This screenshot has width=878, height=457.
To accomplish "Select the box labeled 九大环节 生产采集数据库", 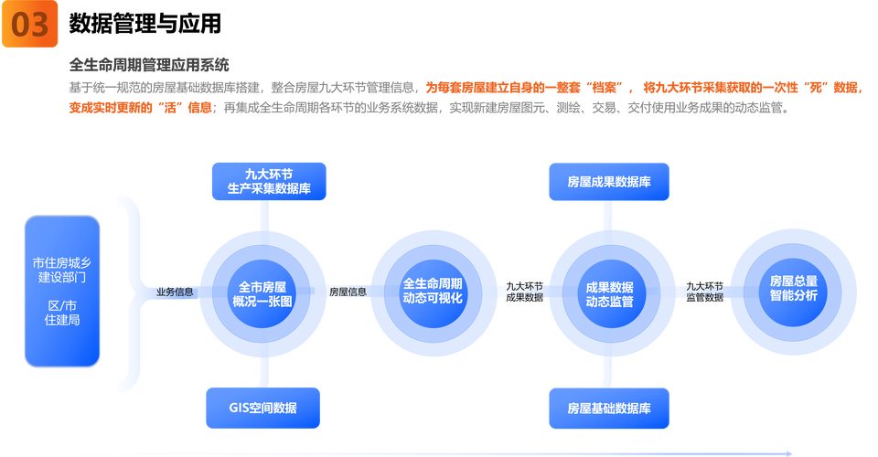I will point(268,181).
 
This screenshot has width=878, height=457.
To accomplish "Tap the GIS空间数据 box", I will point(262,408).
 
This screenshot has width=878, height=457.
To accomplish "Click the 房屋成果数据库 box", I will point(608,182).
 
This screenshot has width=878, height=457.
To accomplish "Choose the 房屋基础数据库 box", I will point(608,408).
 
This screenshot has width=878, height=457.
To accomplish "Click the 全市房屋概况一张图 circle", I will point(262,292).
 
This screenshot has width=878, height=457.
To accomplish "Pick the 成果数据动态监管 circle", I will point(609,292).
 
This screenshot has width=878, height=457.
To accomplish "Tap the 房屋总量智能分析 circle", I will point(793,292).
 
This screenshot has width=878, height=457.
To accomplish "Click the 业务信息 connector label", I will point(175,292).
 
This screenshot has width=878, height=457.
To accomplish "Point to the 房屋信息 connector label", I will point(348,292).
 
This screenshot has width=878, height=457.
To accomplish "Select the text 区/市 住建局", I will point(61,313).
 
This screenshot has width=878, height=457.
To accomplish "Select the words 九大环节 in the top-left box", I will point(268,174).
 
